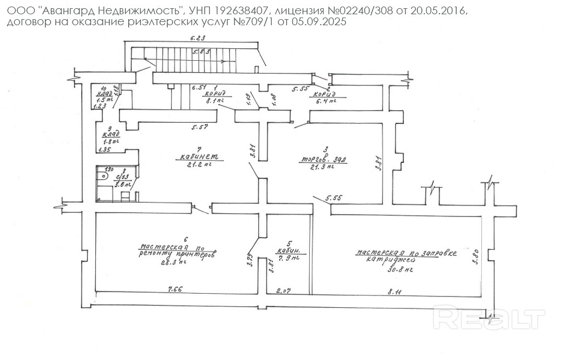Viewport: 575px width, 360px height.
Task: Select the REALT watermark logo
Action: pos(489,318)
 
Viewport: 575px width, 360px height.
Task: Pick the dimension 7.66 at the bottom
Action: pos(175,289)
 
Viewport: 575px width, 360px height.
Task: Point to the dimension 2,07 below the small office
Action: pos(283,291)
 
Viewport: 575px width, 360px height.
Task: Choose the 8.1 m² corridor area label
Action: pos(215,101)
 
